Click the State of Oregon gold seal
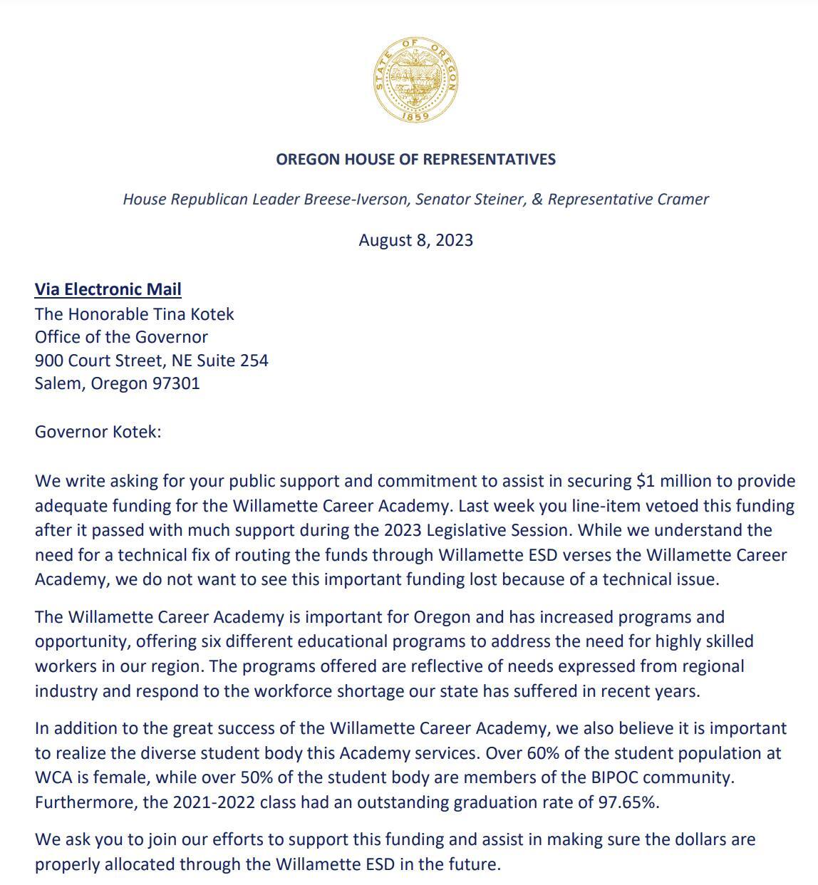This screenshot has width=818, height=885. pos(415,80)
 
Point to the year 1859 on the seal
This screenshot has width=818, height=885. pos(415,115)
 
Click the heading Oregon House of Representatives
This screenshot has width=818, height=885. pos(415,159)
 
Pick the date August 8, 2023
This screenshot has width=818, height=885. pos(415,240)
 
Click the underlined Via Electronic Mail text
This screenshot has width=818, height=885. pos(108,289)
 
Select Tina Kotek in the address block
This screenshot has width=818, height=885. pos(193,314)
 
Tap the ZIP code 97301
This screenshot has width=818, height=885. pos(176,383)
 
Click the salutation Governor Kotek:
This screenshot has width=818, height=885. pos(98,433)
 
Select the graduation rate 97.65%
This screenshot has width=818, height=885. pos(628,802)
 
